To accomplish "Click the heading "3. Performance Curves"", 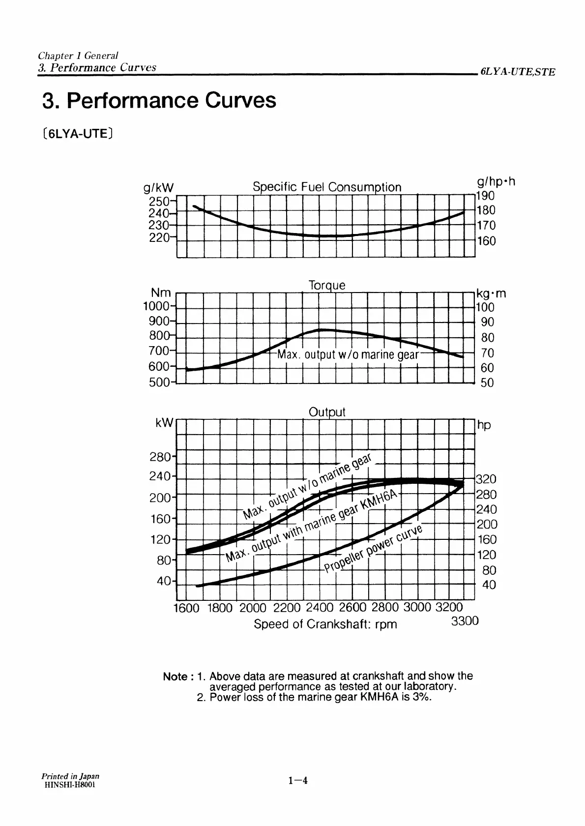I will (x=159, y=101).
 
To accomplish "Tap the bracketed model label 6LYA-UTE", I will (x=79, y=133).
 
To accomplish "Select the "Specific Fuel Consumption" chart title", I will (x=326, y=187).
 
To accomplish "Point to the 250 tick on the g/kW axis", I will (x=158, y=202).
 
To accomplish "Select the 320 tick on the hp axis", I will (x=487, y=479).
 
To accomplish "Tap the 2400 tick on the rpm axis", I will (x=319, y=608).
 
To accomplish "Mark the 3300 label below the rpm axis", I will (x=465, y=621).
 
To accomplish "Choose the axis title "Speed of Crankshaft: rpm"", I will (x=325, y=624).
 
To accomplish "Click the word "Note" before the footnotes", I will (x=175, y=677).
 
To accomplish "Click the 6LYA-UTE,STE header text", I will (x=518, y=72).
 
